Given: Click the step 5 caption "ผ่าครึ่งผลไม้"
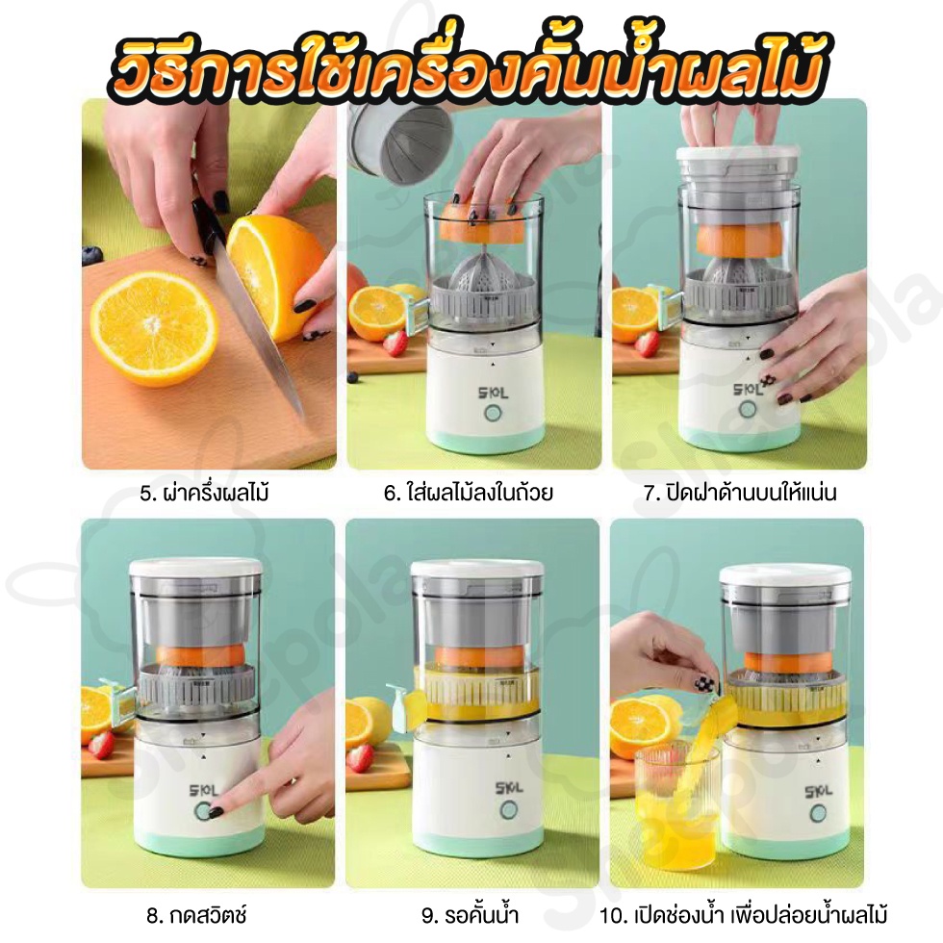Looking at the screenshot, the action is [x=204, y=493].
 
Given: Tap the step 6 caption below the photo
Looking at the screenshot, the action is [x=469, y=493].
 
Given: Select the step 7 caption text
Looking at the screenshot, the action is [x=740, y=493].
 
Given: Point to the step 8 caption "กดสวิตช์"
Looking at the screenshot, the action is [x=189, y=915].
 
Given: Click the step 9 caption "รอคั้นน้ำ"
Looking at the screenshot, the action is [x=470, y=915].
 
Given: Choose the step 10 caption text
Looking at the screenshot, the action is [x=743, y=915].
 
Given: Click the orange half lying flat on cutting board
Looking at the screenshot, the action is [x=153, y=328].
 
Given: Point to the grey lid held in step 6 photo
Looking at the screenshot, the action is [x=399, y=142].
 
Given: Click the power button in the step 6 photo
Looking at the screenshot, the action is [x=493, y=415].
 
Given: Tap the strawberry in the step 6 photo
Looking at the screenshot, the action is [x=395, y=343].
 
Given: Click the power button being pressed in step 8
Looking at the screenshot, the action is [x=204, y=811].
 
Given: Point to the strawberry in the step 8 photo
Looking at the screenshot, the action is [x=100, y=745].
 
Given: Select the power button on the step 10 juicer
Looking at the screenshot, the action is [x=818, y=814].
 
